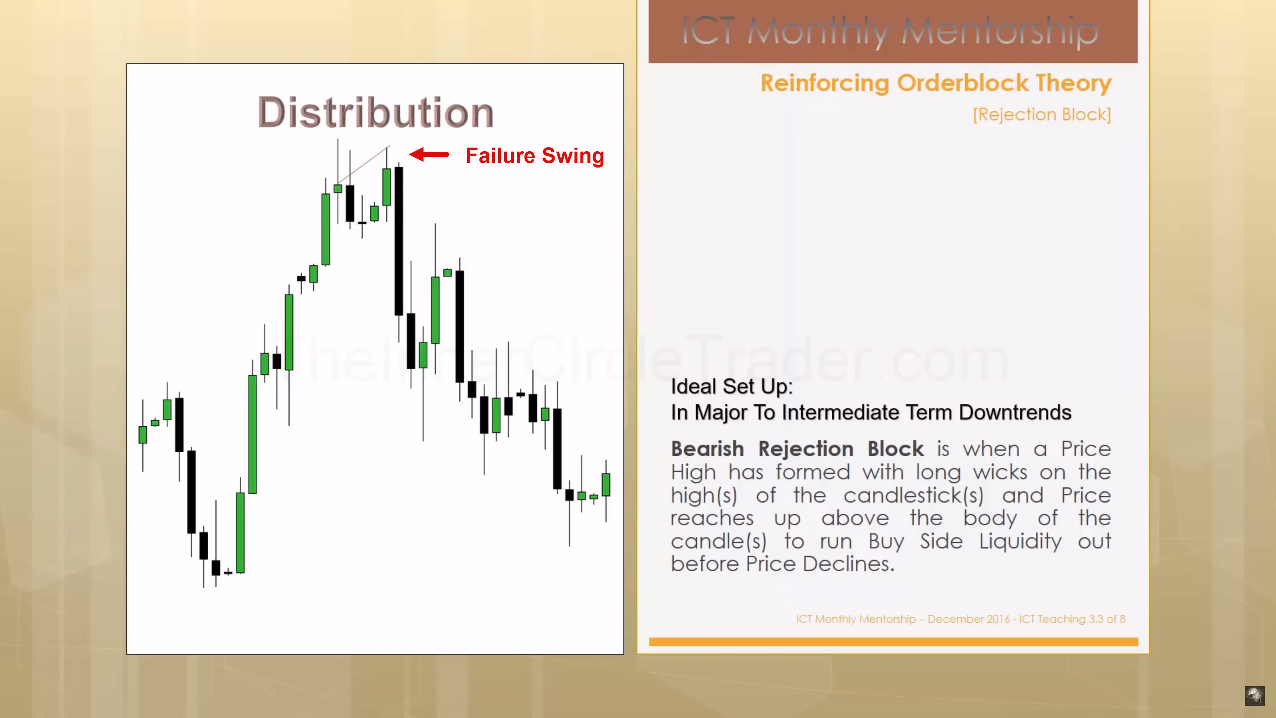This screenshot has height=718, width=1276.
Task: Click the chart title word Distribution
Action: click(376, 112)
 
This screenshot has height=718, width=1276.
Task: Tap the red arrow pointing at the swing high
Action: click(429, 155)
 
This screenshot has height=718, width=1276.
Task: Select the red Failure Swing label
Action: click(535, 156)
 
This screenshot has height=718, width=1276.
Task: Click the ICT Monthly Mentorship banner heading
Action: click(890, 31)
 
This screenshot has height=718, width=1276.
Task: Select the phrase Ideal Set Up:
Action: click(732, 387)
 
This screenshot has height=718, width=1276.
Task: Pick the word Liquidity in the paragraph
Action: click(1020, 541)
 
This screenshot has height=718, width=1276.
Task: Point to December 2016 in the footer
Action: click(968, 619)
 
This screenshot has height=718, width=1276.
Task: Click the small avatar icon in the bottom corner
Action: click(1254, 696)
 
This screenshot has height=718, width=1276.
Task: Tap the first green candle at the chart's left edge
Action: click(143, 434)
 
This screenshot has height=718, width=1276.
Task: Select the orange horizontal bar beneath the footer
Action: click(894, 642)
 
